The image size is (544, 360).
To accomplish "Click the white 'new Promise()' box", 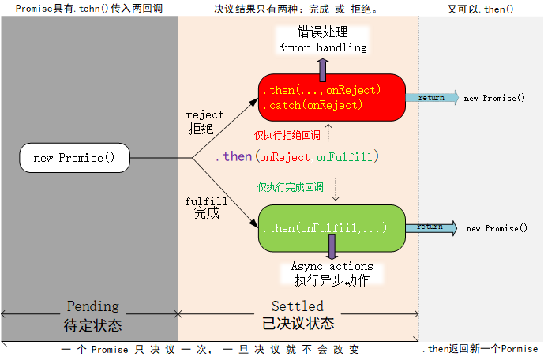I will click(74, 158).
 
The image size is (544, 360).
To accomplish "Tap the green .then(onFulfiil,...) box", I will click(332, 228).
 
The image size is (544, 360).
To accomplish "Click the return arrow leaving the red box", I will click(432, 98).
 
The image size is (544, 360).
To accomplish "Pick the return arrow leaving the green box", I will click(432, 227).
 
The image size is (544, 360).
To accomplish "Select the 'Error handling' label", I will click(322, 47).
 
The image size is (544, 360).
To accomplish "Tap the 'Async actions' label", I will click(332, 267).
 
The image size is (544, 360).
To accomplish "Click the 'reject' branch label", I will click(204, 115).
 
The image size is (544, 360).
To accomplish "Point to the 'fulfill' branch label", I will click(206, 201).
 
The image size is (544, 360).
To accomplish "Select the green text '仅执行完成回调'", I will click(290, 188).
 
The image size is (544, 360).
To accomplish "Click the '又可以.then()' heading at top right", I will click(481, 9).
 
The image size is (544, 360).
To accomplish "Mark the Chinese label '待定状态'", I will click(92, 324).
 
